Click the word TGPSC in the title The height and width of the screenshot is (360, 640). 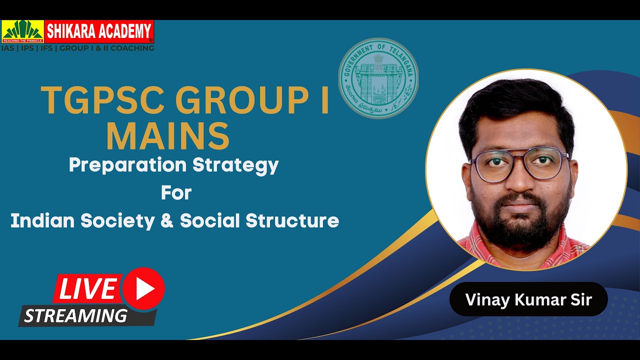coord(103,101)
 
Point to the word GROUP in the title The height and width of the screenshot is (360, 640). coord(232,101)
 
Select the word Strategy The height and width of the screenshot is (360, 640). coord(239,165)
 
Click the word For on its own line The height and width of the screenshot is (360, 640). coord(176,192)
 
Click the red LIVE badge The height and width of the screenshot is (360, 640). coord(88,288)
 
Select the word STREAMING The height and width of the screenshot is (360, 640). coord(75,315)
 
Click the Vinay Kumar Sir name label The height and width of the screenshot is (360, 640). coord(528,299)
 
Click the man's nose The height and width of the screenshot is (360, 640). coord(521,180)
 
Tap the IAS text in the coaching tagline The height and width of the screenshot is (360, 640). coord(8,48)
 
